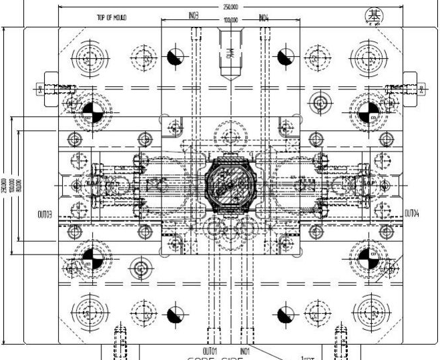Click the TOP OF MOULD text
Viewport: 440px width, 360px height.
(112, 19)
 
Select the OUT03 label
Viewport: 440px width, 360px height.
(45, 214)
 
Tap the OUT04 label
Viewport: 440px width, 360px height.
(413, 214)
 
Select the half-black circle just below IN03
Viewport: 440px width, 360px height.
(174, 57)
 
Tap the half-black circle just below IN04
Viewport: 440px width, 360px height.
(284, 57)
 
